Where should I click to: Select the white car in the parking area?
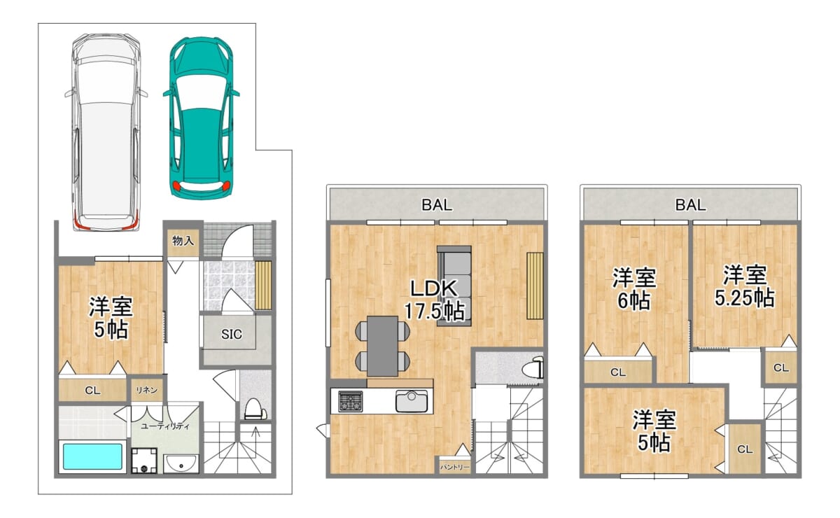(106, 132)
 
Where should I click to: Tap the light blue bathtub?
(92, 456)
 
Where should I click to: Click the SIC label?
(232, 334)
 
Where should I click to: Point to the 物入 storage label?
(183, 240)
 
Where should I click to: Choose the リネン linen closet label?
(146, 390)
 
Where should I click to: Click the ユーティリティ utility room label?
(165, 426)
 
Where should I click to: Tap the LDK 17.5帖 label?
(434, 300)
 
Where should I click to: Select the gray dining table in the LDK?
(382, 346)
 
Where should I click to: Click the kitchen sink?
(412, 401)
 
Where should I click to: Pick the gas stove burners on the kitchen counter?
(351, 401)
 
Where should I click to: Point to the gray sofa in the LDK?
(454, 286)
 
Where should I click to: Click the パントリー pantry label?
(454, 467)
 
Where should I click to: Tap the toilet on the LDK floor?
(533, 367)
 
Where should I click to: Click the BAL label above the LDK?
(437, 205)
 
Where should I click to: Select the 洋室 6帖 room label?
(634, 288)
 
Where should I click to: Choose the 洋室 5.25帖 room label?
(744, 286)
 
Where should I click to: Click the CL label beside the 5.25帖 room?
(781, 368)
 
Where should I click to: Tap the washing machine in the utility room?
(144, 460)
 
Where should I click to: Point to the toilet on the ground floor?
(255, 409)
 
